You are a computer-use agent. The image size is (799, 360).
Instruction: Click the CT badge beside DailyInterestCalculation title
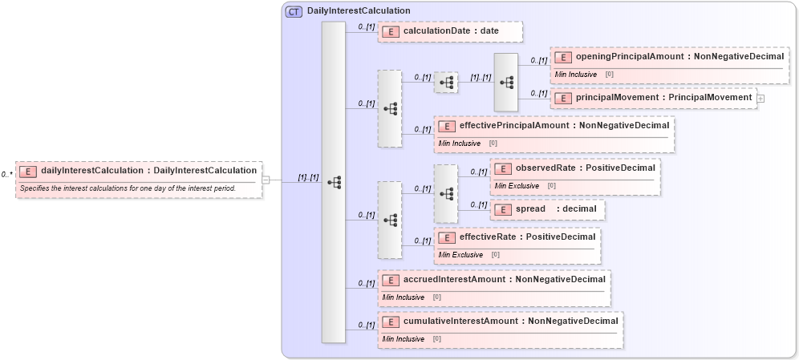[x=294, y=11]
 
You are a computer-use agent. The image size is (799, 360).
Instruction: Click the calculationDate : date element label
[x=451, y=31]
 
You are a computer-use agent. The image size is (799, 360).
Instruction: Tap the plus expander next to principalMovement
[x=760, y=98]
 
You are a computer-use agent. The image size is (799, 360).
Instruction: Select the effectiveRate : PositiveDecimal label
[x=527, y=237]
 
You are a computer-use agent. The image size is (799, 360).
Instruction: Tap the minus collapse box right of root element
[x=266, y=180]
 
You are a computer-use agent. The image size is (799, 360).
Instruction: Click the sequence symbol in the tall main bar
[x=334, y=183]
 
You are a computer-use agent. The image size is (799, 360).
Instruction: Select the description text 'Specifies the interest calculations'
[x=128, y=188]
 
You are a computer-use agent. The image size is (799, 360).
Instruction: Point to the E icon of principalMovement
[x=564, y=98]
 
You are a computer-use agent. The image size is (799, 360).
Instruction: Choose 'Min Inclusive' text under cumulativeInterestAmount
[x=404, y=339]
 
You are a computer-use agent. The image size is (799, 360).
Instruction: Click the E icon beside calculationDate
[x=391, y=31]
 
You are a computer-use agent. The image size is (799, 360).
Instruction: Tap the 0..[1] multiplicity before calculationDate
[x=365, y=27]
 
